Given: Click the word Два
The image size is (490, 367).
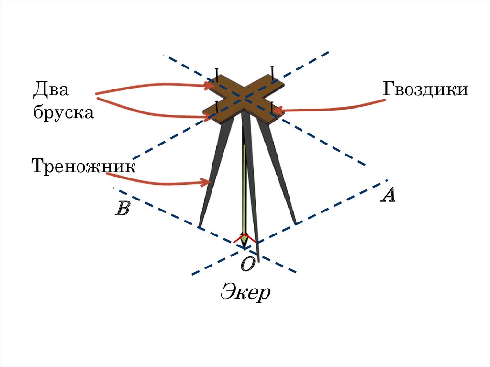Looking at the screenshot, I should click(51, 90).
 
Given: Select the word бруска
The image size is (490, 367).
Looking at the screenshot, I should click(63, 113).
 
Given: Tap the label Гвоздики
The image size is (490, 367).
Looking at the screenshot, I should click(425, 89).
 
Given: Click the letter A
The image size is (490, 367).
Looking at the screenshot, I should click(388, 195).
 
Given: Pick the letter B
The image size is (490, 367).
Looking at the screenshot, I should click(122, 209).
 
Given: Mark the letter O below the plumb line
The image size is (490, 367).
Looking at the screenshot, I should click(247, 265).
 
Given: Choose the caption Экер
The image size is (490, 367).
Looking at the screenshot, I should click(245, 292).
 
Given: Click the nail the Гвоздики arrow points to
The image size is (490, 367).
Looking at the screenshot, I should click(272, 108).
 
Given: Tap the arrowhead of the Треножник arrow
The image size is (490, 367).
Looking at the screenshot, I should click(207, 182).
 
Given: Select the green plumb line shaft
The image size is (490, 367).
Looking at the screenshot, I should click(245, 187).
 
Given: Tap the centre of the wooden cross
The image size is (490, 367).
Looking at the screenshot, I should click(245, 98).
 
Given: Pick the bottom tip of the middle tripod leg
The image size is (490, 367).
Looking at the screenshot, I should click(258, 261).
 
